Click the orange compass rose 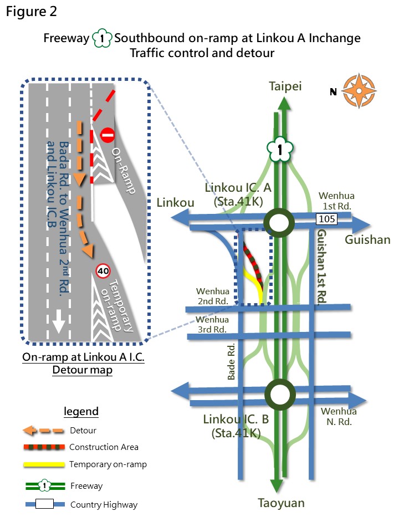(x=359, y=91)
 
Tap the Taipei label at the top (x=285, y=86)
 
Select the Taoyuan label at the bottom (x=281, y=503)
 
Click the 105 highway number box (x=327, y=219)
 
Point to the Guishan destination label (x=367, y=239)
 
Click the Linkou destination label (x=175, y=203)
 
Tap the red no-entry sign (x=108, y=135)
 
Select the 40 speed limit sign (x=103, y=271)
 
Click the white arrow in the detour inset (x=58, y=321)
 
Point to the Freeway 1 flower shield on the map (x=280, y=149)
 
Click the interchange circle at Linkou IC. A (x=279, y=223)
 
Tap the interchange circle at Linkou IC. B (x=280, y=395)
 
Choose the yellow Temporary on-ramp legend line (x=44, y=464)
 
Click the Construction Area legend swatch (x=44, y=447)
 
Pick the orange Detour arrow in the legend (x=43, y=431)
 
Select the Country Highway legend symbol (x=45, y=504)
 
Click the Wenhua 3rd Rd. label (x=213, y=324)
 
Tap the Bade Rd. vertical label (x=231, y=362)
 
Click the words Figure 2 (x=31, y=12)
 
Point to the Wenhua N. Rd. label (x=339, y=417)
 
